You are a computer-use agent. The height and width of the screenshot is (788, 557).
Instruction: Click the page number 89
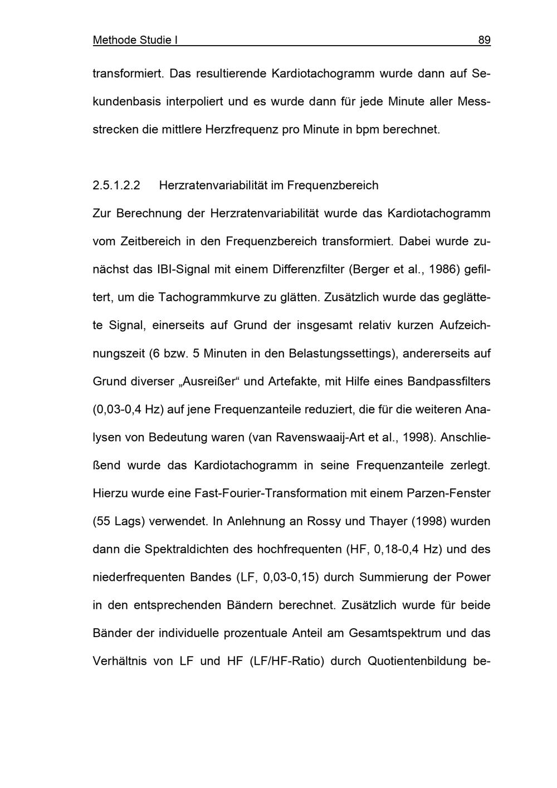[484, 40]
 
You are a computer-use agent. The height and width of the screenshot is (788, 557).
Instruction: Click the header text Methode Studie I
[135, 40]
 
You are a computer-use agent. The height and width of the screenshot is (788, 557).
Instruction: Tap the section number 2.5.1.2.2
[116, 185]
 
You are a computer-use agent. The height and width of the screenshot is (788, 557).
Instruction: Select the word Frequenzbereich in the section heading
[333, 185]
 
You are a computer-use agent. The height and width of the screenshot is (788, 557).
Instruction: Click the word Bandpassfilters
[449, 381]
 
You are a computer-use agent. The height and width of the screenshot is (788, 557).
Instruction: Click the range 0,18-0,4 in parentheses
[396, 550]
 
